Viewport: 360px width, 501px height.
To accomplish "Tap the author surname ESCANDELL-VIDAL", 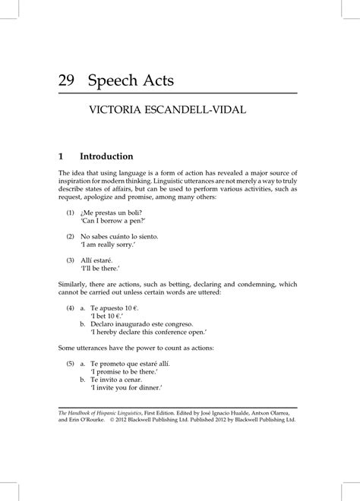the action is click(x=193, y=114).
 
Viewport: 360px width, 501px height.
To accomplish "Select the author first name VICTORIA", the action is click(x=117, y=114).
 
